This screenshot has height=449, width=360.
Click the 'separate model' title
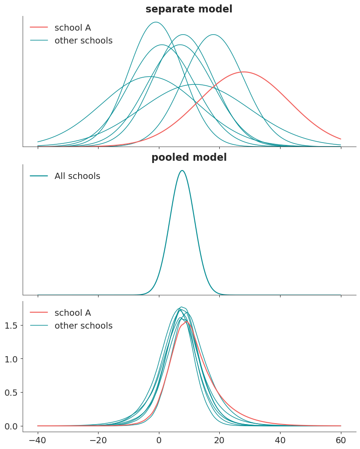(189, 9)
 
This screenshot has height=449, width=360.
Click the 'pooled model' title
(189, 157)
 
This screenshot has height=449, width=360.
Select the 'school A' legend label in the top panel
(73, 28)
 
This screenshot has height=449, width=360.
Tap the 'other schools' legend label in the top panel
(83, 40)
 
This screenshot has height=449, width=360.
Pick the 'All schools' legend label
(77, 176)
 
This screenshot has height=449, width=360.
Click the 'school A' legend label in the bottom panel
(73, 313)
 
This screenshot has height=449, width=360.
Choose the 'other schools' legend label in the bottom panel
(83, 326)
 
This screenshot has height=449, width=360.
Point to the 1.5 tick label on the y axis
(11, 326)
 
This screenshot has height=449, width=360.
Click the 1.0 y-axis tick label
(11, 359)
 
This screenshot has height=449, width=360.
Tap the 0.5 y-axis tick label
(11, 393)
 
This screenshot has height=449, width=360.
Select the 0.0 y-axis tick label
(11, 426)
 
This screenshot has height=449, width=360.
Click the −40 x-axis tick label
(38, 440)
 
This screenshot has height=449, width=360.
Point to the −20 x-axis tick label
(99, 440)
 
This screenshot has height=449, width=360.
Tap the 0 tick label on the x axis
(159, 440)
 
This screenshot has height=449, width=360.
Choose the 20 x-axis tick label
(220, 440)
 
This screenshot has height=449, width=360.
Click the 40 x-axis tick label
(281, 440)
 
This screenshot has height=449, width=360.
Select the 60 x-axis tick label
(341, 440)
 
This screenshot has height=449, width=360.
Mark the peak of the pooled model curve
(182, 171)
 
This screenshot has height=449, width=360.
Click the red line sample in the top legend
(39, 27)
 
